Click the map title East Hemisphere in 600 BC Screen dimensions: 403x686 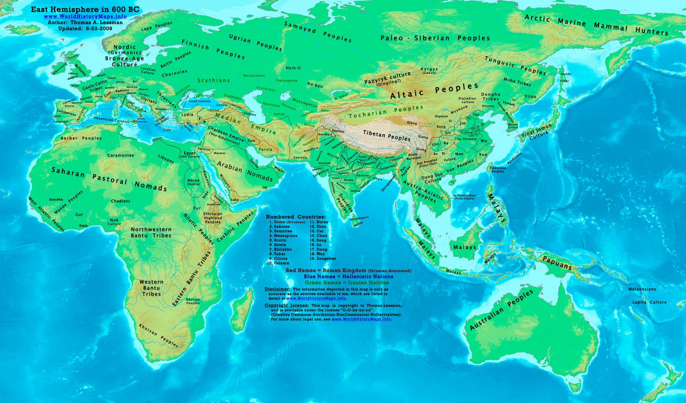[x=85, y=10]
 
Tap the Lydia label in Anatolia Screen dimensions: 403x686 [x=187, y=115]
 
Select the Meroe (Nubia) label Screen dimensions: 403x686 [x=193, y=182]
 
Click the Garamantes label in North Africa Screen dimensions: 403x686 [x=121, y=155]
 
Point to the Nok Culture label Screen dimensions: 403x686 [x=114, y=222]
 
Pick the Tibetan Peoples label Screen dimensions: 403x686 [x=387, y=136]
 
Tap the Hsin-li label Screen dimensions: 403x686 [x=293, y=68]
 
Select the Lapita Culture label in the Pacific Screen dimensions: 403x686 [x=649, y=302]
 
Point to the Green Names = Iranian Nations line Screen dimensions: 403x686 [x=342, y=283]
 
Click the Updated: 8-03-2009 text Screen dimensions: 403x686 [x=85, y=28]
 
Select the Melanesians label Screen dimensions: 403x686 [x=642, y=289]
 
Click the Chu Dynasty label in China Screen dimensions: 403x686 [x=465, y=139]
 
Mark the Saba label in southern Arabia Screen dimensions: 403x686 [x=235, y=200]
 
